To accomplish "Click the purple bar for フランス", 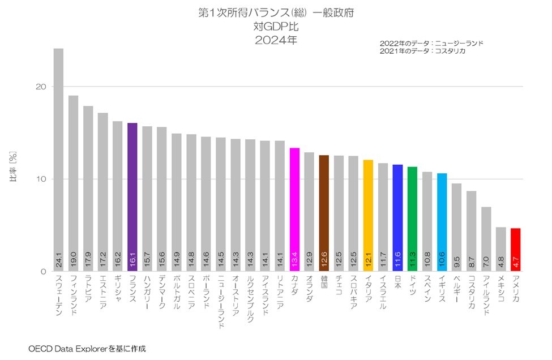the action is point(132,197).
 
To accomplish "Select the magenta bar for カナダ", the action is point(294,210).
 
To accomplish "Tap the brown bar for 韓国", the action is point(324,213).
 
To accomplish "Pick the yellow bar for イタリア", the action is point(368,216).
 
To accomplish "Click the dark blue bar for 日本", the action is point(398,218).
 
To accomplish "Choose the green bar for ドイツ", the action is point(413,219).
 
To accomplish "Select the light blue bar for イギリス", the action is point(442,222).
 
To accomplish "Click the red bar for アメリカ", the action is point(516,250).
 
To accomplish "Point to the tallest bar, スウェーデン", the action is point(58,160).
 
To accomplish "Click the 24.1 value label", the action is point(59,260).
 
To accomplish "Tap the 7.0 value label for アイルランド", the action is point(486,262).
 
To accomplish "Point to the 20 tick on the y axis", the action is point(41,87).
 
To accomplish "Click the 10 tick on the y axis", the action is point(41,179).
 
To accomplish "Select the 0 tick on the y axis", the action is point(43,271).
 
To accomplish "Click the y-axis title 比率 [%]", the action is point(13,166).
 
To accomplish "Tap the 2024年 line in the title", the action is point(276,40).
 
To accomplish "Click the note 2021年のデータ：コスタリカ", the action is point(422,51).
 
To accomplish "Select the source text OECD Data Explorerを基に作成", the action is point(87,349).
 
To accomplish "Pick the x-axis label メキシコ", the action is point(501,289).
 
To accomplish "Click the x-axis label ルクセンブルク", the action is point(250,299).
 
